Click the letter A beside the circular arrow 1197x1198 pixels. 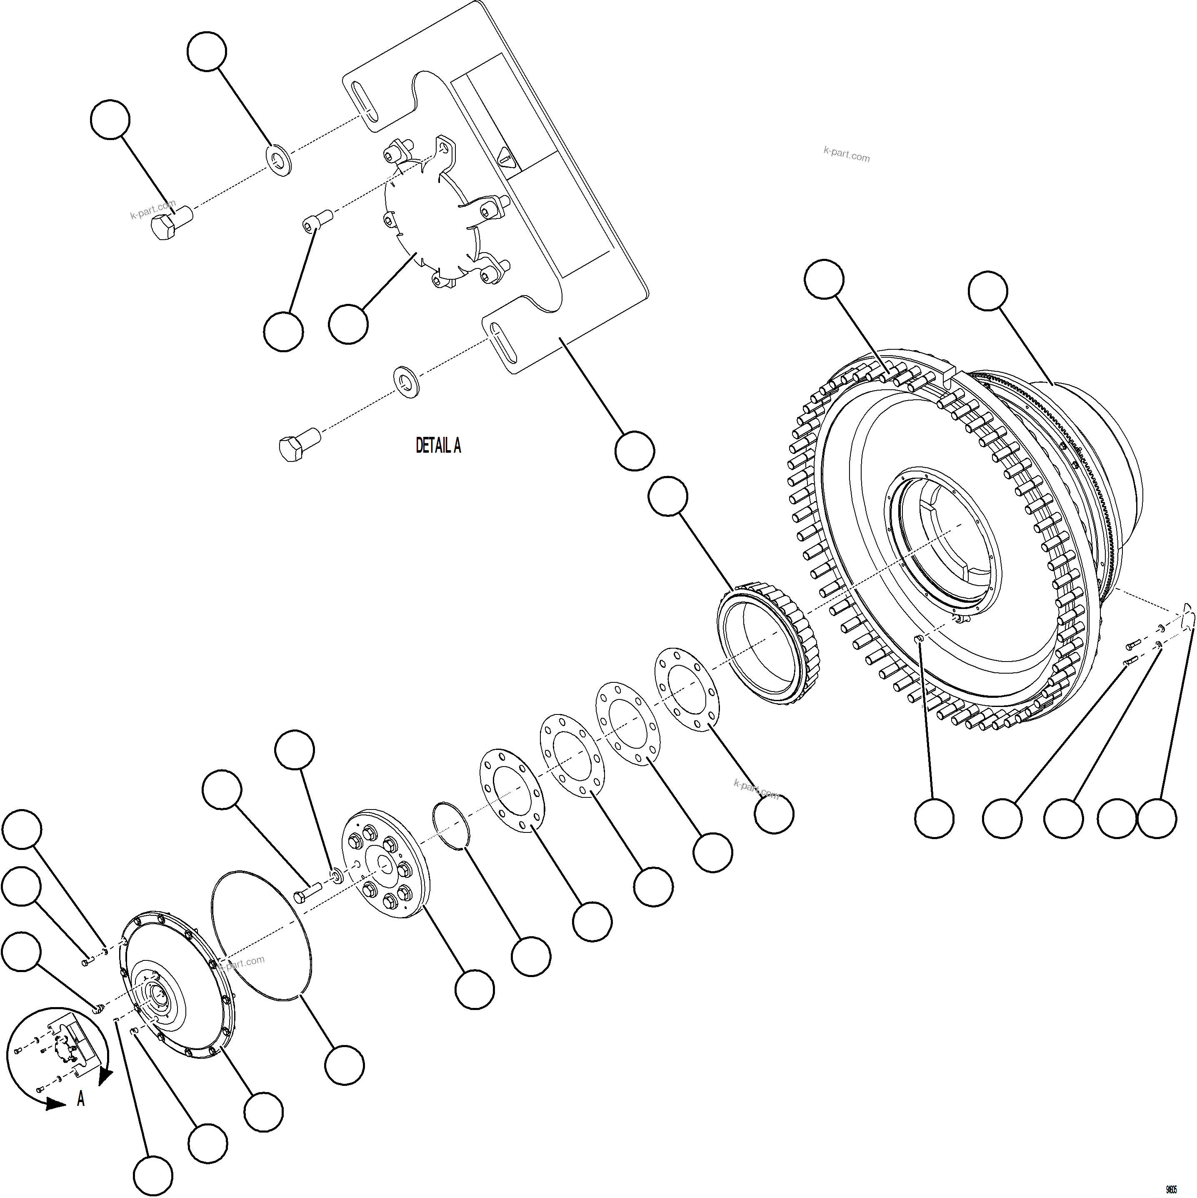[80, 1099]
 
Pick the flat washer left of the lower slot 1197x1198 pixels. [407, 379]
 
